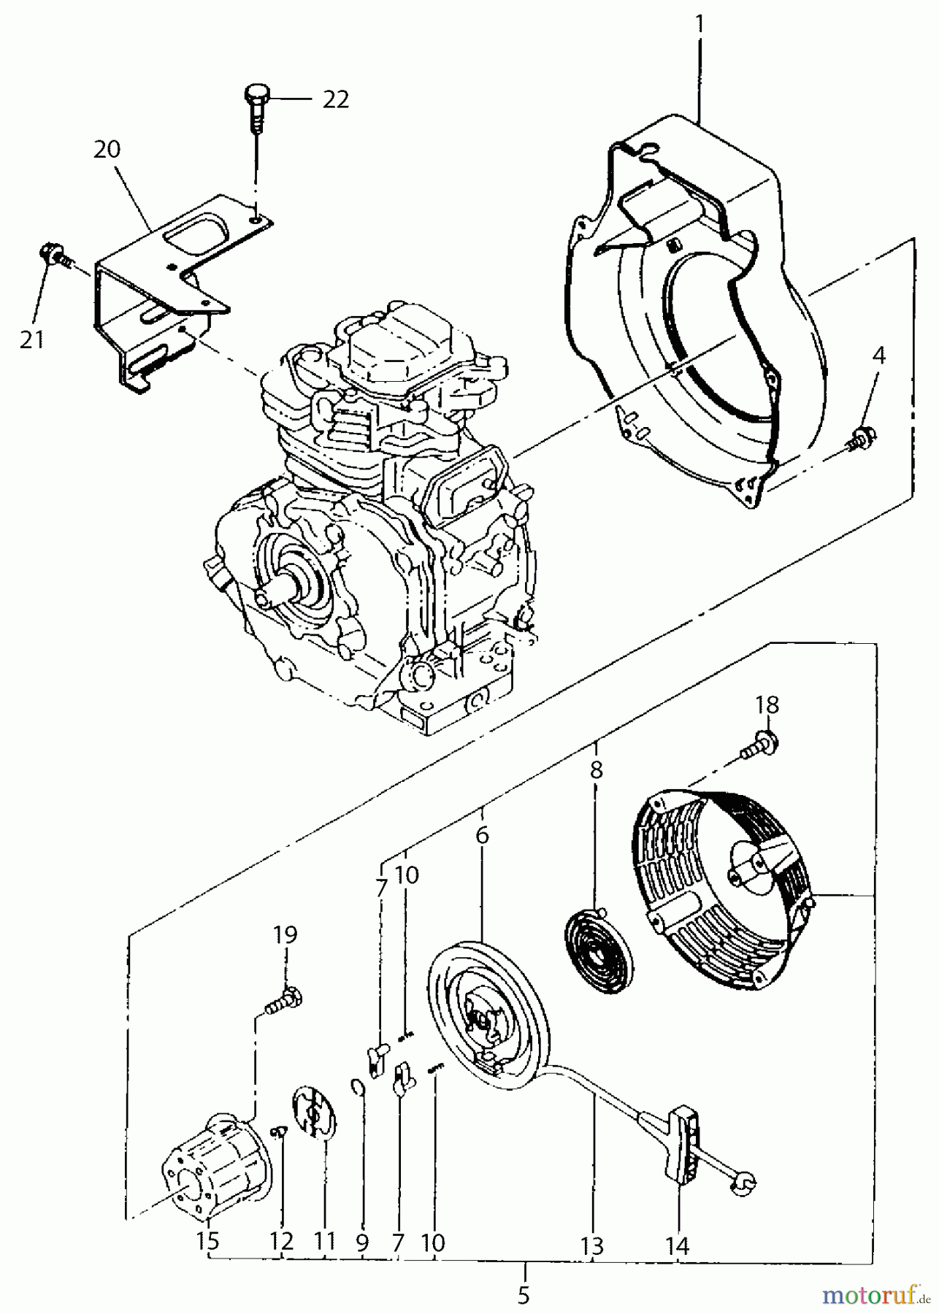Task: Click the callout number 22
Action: (335, 99)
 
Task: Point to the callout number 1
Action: (700, 23)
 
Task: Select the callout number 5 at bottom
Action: (523, 1296)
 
